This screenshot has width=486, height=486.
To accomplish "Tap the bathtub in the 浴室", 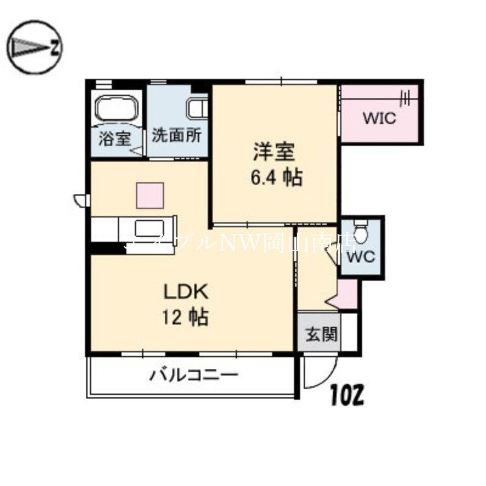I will coord(117,110).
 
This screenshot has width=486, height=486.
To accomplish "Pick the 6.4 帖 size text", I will coord(276,177).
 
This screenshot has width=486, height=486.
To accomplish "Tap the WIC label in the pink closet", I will coord(379,118).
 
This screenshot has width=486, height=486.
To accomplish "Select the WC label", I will coord(361,256).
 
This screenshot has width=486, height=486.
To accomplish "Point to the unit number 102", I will coord(347,395).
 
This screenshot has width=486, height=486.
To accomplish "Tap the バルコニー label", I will coord(194,375).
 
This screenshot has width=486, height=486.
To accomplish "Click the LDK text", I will coord(185,292).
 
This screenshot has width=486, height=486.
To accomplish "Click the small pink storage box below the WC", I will coord(347,294).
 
